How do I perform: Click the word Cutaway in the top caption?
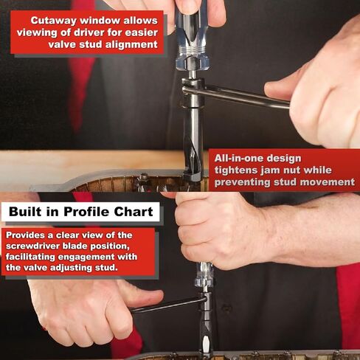54,21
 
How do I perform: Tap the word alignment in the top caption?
131,44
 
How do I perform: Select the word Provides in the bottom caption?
26,235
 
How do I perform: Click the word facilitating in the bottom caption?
30,257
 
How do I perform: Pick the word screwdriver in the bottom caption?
32,246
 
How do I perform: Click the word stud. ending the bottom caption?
106,268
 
